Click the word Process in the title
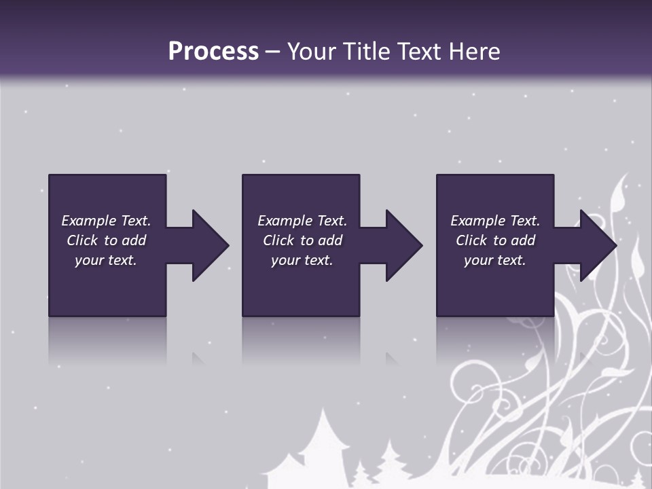213,52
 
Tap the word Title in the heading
367,52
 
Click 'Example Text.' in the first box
106,221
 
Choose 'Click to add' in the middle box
302,240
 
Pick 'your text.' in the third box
494,260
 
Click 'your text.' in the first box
106,260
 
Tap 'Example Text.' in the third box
494,221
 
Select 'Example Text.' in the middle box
302,221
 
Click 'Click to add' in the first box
106,240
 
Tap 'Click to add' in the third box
494,240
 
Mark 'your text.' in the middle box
302,260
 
